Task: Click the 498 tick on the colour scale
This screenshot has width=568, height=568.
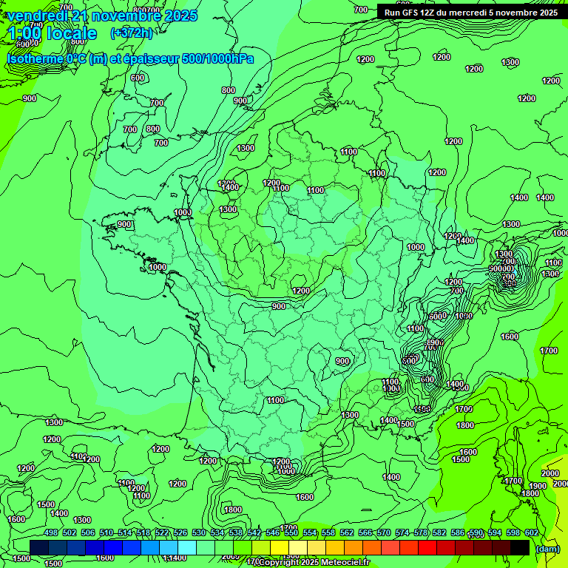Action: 51,533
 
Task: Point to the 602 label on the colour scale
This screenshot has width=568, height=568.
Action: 532,533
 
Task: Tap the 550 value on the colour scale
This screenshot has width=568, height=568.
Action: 291,533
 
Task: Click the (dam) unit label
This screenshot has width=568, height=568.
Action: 547,549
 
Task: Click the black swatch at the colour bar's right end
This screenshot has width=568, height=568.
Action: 520,547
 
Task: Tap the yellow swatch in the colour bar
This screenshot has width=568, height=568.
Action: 280,547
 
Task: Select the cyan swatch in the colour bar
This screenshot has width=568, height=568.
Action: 187,547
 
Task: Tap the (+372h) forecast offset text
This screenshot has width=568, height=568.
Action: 131,33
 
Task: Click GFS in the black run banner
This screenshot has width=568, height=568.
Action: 410,13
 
